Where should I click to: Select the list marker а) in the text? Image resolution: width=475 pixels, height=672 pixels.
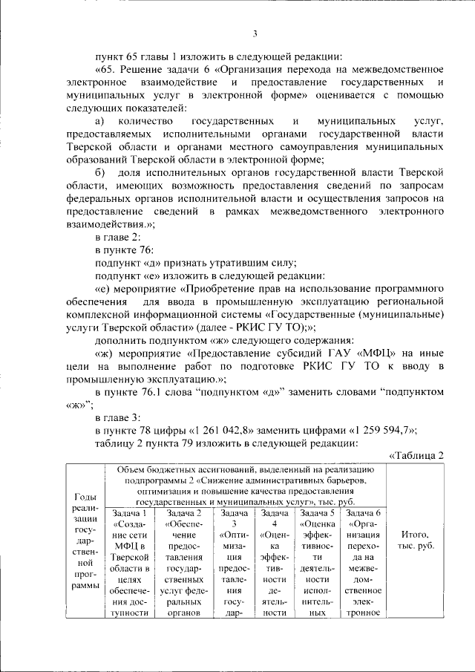[101, 120]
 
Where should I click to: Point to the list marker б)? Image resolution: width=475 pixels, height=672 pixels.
[101, 173]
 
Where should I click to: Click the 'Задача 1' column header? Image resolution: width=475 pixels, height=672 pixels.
[129, 513]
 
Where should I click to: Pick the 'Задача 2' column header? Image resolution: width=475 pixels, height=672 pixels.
[184, 513]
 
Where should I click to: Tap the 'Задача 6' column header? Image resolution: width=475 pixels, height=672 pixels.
[364, 513]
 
